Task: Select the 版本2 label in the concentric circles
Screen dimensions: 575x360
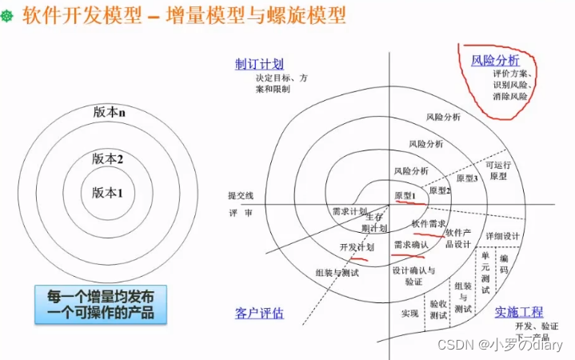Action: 108,158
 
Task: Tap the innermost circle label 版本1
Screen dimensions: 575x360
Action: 108,192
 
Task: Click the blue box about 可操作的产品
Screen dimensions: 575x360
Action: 105,302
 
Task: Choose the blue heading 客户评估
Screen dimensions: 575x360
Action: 259,313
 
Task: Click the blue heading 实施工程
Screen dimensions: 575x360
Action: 518,311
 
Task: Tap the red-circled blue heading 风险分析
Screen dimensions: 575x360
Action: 495,60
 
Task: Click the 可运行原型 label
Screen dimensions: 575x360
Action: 497,170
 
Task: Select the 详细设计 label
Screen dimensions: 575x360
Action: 502,236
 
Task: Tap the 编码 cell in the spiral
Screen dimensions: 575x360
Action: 503,265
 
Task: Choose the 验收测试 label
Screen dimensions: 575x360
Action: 438,310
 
